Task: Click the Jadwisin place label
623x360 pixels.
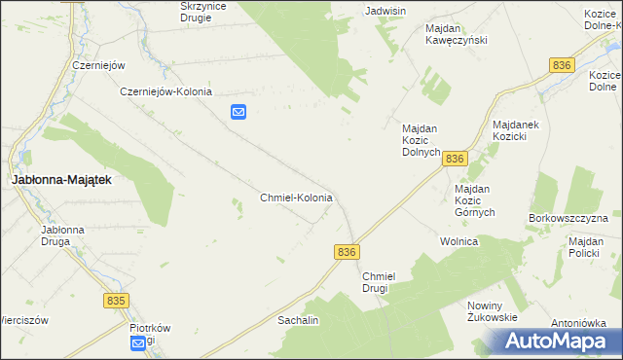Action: pos(385,11)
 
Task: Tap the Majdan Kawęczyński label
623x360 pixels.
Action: pos(456,34)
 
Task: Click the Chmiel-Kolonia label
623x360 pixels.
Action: pos(297,198)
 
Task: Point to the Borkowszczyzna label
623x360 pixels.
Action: pos(568,218)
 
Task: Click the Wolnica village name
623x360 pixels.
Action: pos(458,241)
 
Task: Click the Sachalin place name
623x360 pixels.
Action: pos(298,319)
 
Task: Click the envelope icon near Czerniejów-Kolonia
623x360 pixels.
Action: pos(238,113)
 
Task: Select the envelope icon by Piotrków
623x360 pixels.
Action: pos(140,342)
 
